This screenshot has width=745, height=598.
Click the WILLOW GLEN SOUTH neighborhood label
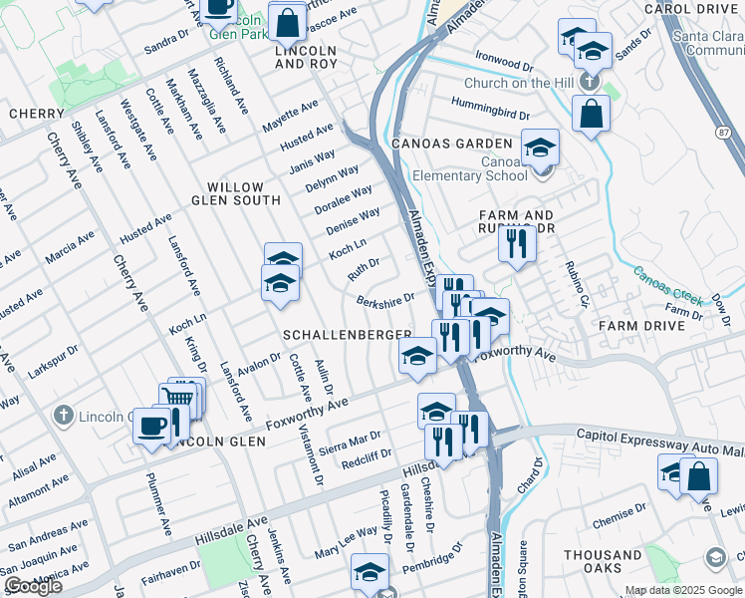(235, 193)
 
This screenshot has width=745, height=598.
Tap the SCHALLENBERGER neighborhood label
(347, 334)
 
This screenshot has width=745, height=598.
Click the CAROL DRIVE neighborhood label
(694, 8)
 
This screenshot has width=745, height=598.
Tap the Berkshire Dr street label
(384, 299)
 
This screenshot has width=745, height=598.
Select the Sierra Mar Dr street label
(348, 441)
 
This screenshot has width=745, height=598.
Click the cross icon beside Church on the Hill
(590, 83)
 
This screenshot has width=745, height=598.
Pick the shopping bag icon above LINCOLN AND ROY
(287, 22)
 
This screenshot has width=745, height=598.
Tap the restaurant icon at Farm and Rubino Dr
(515, 244)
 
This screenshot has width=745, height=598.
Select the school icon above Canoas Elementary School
(540, 149)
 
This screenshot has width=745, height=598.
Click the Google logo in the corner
(32, 586)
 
